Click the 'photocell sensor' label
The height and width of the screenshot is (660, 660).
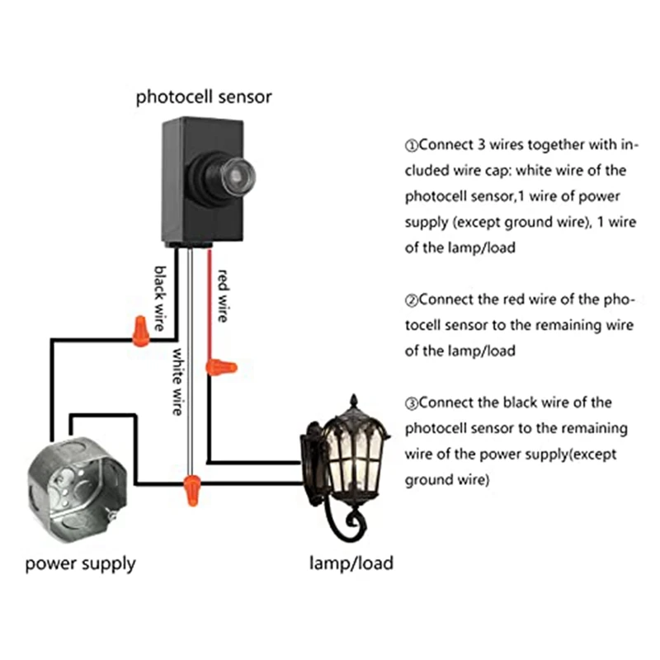click(x=204, y=97)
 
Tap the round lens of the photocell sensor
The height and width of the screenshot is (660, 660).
click(x=236, y=172)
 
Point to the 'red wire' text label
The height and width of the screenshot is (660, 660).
click(x=222, y=295)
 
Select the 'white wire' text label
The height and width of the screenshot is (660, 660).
click(x=177, y=380)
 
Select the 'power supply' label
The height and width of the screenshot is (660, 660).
click(x=80, y=564)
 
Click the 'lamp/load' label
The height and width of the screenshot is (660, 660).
click(x=351, y=564)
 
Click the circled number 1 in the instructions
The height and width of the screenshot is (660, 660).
click(x=411, y=146)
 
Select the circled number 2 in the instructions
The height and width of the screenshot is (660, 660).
click(x=411, y=300)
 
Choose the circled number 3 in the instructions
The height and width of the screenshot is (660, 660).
click(x=411, y=403)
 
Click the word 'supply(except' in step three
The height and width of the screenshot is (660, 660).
click(x=551, y=455)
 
